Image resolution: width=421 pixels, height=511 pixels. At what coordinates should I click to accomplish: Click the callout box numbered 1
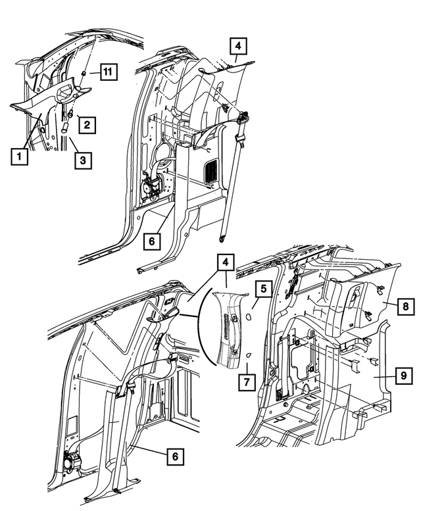19,156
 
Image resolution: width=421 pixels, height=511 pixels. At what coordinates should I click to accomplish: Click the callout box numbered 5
261,288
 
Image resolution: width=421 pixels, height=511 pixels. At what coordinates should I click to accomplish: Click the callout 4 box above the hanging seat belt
238,47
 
